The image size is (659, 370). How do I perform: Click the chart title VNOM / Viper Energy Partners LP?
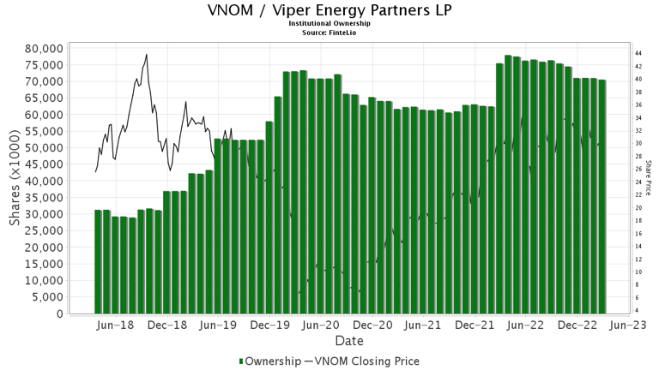[x=329, y=11]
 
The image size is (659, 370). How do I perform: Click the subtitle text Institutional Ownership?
[x=329, y=24]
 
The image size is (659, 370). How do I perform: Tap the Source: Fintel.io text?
[x=329, y=33]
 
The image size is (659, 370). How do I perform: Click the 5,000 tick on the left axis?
[x=45, y=297]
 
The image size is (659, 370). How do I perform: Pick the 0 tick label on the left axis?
[x=58, y=314]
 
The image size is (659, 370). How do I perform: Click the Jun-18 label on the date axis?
[x=116, y=326]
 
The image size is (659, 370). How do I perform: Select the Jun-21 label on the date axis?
[x=423, y=326]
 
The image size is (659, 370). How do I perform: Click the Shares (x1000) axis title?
[x=15, y=182]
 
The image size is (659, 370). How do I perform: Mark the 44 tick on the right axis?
[x=639, y=53]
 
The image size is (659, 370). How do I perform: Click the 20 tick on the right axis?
[x=639, y=207]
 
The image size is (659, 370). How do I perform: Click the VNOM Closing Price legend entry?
[x=369, y=361]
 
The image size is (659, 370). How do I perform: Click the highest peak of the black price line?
[x=147, y=55]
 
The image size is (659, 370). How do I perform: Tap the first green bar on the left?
[x=99, y=261]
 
